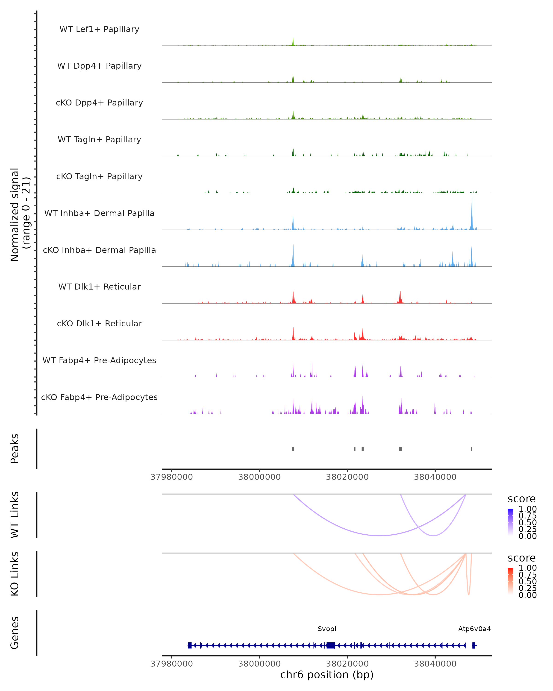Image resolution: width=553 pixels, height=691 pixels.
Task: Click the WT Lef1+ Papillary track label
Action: point(99,29)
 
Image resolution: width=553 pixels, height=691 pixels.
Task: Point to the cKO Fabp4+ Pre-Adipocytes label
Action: point(99,397)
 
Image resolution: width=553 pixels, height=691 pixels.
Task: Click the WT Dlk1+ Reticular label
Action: point(99,287)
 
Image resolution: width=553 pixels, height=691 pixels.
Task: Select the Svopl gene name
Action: point(327,629)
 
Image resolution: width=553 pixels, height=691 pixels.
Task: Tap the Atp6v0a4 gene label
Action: point(474,629)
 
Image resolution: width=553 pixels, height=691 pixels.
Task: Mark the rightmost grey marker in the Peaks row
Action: point(471,449)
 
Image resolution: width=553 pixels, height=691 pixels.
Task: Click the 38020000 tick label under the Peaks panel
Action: point(347,477)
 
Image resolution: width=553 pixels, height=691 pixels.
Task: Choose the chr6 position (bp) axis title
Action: point(327,675)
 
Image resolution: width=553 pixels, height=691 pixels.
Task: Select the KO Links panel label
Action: point(15,574)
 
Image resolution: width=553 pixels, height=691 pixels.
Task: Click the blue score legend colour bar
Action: point(510,522)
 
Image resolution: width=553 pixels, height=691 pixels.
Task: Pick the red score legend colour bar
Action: point(510,581)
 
